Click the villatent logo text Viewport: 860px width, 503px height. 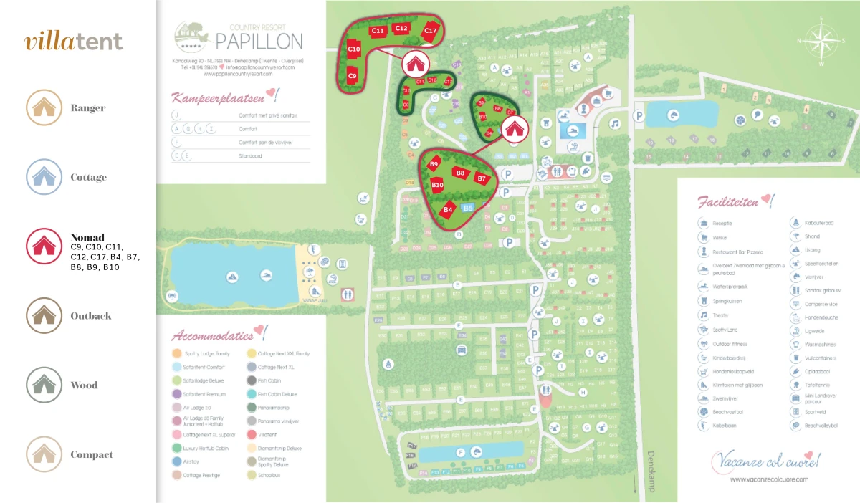point(74,42)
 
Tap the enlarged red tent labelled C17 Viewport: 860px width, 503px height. point(430,30)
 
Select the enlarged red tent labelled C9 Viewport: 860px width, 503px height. point(353,75)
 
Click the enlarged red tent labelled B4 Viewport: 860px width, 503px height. point(449,210)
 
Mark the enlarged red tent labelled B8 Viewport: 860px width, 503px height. point(460,173)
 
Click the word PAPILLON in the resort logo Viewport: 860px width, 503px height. point(259,39)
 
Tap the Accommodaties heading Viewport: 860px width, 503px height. point(213,335)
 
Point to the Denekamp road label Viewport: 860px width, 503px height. point(651,471)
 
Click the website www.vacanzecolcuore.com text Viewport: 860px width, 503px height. point(769,479)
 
